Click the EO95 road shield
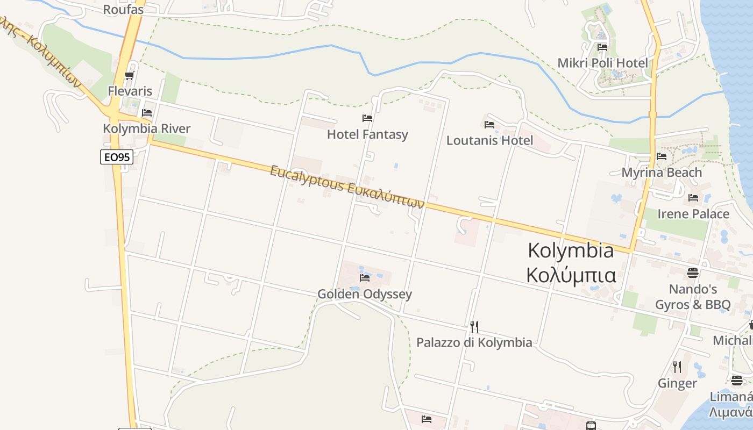(116, 157)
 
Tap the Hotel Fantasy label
(367, 134)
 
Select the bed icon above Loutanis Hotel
(489, 125)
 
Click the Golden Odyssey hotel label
(365, 294)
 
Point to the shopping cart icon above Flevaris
(129, 76)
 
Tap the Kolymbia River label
(147, 128)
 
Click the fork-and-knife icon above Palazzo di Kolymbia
(474, 326)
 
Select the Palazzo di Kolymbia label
(474, 342)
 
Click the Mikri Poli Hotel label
(602, 63)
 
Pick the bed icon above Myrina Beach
(662, 156)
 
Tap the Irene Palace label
(693, 214)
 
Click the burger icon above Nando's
(692, 273)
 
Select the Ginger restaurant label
(677, 383)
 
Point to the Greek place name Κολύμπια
(571, 275)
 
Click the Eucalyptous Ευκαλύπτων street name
(347, 187)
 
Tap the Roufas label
(123, 9)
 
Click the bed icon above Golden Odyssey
(365, 278)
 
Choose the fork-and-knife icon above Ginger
(677, 367)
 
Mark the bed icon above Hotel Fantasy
(367, 118)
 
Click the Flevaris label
(130, 91)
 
